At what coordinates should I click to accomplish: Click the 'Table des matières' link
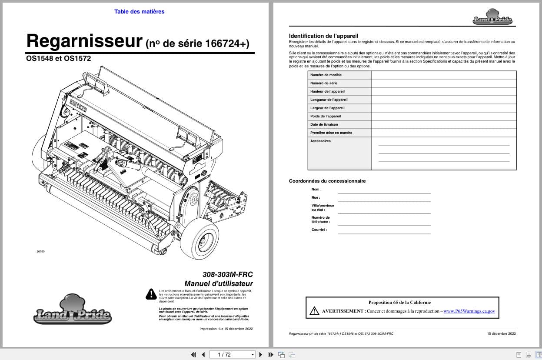[x=139, y=12]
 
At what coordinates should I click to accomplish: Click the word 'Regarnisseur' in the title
[x=84, y=41]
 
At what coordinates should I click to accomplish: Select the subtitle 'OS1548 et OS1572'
[x=59, y=58]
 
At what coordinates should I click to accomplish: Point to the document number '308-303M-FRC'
[x=227, y=274]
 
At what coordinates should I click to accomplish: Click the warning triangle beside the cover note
[x=151, y=294]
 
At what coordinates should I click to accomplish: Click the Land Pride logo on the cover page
[x=72, y=310]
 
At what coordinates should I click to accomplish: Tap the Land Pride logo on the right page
[x=492, y=17]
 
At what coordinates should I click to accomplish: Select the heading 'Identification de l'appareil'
[x=323, y=36]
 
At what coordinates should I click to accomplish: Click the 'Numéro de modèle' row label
[x=326, y=75]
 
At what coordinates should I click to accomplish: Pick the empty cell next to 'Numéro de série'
[x=444, y=83]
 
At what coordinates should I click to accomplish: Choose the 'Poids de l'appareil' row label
[x=326, y=116]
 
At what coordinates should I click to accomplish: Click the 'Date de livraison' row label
[x=324, y=124]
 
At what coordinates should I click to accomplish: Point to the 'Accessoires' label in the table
[x=320, y=141]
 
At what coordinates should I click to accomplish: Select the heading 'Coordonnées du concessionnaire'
[x=327, y=181]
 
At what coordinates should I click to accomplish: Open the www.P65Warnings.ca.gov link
[x=469, y=311]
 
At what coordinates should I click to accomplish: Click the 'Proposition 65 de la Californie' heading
[x=399, y=303]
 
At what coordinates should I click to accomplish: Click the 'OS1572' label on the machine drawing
[x=78, y=106]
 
